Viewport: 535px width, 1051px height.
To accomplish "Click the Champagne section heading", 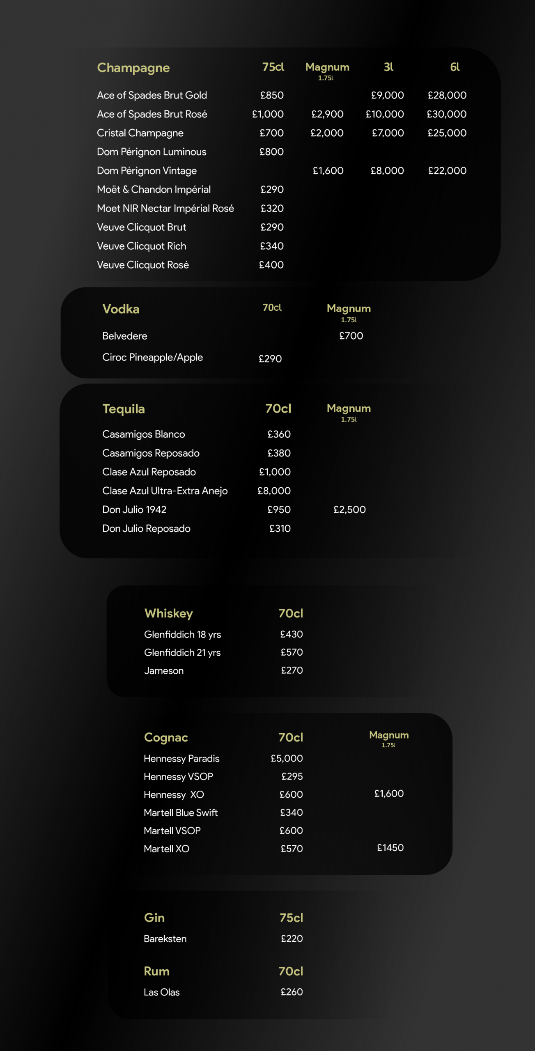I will (133, 68).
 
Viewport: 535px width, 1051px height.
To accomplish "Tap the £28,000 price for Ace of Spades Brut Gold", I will (447, 95).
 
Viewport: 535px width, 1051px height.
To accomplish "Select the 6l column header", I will (455, 67).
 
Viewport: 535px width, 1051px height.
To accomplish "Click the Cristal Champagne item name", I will (140, 133).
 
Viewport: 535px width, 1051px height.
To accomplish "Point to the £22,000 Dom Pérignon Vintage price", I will (447, 171).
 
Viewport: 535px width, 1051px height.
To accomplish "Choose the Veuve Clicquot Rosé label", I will (143, 265).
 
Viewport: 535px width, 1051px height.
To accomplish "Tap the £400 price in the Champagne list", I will (271, 265).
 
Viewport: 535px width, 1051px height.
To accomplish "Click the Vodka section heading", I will (121, 309).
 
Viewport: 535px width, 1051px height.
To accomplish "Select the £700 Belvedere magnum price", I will (351, 336).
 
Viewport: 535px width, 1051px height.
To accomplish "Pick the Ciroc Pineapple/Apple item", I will (152, 357).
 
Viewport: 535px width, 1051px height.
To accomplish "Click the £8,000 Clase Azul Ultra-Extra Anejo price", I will (274, 491).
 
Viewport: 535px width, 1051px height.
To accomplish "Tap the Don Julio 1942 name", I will (134, 509).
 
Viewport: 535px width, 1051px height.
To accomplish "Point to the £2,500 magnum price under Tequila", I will (349, 509).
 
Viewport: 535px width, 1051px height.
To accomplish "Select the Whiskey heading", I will (168, 613).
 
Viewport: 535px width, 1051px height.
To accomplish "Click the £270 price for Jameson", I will (292, 670).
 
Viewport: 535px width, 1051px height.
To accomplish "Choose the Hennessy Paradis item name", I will (181, 758).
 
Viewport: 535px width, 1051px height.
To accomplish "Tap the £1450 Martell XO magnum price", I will (390, 848).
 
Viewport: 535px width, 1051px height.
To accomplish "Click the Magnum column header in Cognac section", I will (389, 735).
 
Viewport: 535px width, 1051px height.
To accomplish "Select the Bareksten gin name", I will (165, 939).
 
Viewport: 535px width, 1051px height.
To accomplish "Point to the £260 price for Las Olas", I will (292, 992).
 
